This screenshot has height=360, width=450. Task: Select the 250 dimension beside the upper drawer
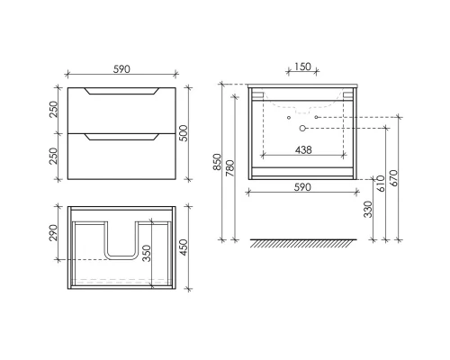click(53, 109)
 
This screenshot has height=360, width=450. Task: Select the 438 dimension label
click(303, 150)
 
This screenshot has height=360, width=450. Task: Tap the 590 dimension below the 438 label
click(303, 189)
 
